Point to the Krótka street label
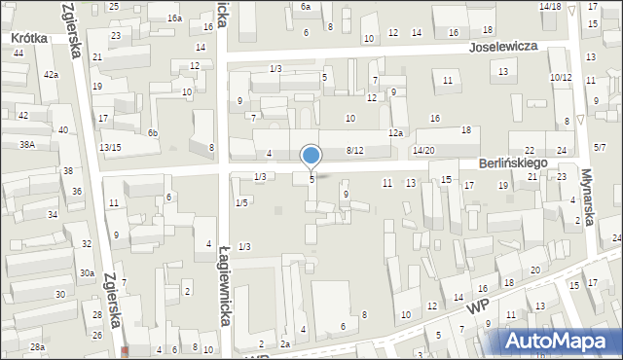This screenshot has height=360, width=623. [30, 38]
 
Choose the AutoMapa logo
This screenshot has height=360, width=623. [559, 341]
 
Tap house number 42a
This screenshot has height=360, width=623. [51, 75]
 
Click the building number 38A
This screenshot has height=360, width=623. [27, 144]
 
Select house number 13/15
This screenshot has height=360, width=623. [110, 147]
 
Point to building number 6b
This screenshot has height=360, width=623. [152, 132]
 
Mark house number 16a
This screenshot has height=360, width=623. [174, 18]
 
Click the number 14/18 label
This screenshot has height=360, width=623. [550, 7]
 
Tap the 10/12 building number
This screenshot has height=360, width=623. [560, 77]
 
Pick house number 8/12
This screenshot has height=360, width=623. [354, 150]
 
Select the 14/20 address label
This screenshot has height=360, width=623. [422, 150]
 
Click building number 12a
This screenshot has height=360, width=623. [394, 132]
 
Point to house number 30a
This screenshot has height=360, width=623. [87, 273]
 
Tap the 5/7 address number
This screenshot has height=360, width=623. [600, 147]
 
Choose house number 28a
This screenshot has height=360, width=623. [37, 347]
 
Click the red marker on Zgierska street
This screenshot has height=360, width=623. [126, 352]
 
